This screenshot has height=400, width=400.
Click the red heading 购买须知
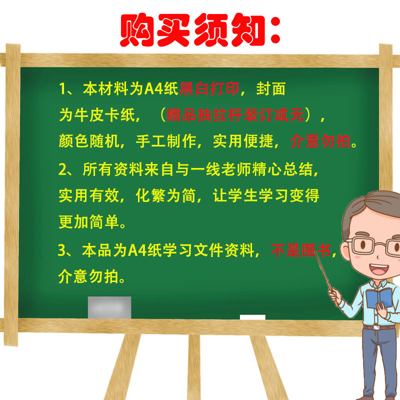[200, 29]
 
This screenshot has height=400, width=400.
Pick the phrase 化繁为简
[166, 195]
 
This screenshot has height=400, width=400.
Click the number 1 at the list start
[62, 90]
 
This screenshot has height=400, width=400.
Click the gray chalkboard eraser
[109, 307]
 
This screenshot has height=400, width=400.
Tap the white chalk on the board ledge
[252, 317]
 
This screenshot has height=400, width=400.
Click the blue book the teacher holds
[379, 298]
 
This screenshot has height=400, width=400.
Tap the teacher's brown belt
[378, 327]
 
